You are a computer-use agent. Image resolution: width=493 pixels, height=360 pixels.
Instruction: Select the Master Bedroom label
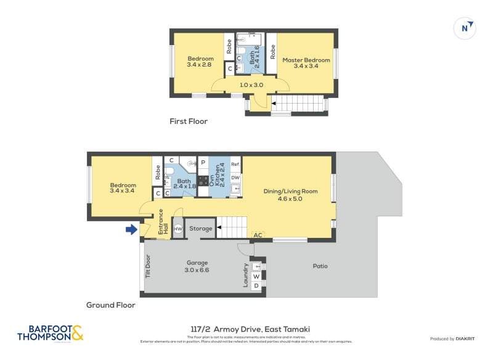(306, 63)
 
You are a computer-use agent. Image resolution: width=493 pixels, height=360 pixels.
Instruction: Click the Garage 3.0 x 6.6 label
(197, 266)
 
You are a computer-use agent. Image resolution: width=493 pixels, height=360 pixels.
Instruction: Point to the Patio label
(319, 266)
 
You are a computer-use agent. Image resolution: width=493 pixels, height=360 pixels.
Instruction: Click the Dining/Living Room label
(290, 195)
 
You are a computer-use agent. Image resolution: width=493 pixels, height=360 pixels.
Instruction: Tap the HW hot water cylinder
(178, 229)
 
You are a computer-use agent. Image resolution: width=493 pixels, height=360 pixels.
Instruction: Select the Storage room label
(200, 229)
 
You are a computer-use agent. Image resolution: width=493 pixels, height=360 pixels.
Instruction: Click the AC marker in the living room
(257, 235)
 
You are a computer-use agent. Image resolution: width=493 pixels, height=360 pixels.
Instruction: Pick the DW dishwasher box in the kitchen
(235, 178)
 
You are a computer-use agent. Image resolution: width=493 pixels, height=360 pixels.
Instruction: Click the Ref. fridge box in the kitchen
(235, 165)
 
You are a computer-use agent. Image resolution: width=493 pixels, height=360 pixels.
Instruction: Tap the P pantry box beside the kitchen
(203, 163)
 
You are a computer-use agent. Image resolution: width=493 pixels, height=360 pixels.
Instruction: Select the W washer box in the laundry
(256, 276)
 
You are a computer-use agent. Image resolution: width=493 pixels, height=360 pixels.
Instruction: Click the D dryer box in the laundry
(256, 287)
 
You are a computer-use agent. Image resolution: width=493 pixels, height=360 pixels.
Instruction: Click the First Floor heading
(189, 121)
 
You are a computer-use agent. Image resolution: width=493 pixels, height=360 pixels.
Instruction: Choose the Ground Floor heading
(110, 305)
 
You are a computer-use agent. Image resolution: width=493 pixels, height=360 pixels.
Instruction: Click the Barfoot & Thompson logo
(50, 333)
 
